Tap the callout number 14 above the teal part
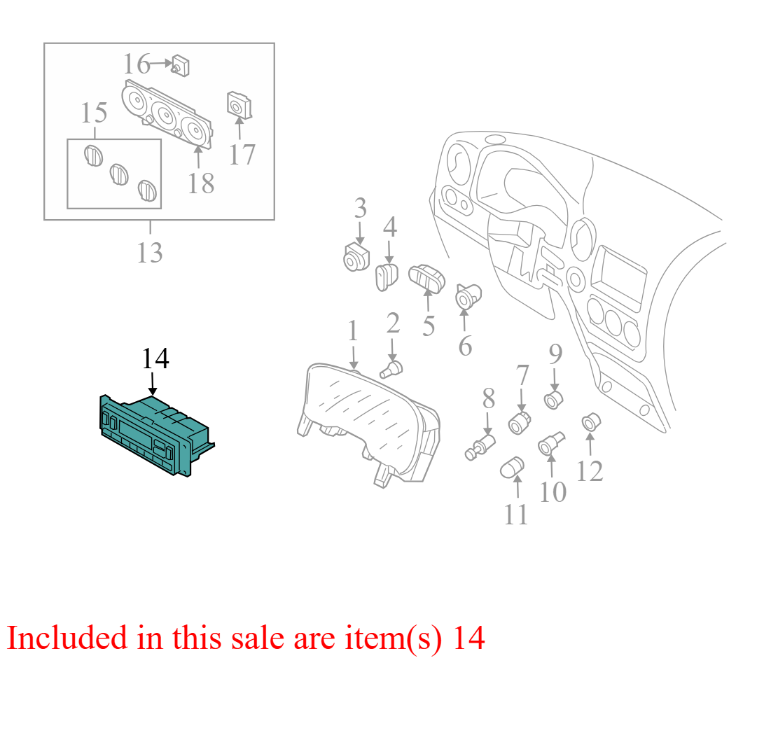[155, 358]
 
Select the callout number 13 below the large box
[149, 253]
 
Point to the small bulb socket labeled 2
[391, 369]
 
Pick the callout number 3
[361, 208]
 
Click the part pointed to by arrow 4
[387, 277]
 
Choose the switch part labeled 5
[426, 279]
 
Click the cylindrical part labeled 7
[519, 422]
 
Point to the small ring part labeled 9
[554, 400]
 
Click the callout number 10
[553, 491]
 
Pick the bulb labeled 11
[512, 467]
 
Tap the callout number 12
[589, 472]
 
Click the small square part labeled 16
[181, 67]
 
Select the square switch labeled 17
[239, 105]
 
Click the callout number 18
[200, 184]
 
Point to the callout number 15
[94, 113]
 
